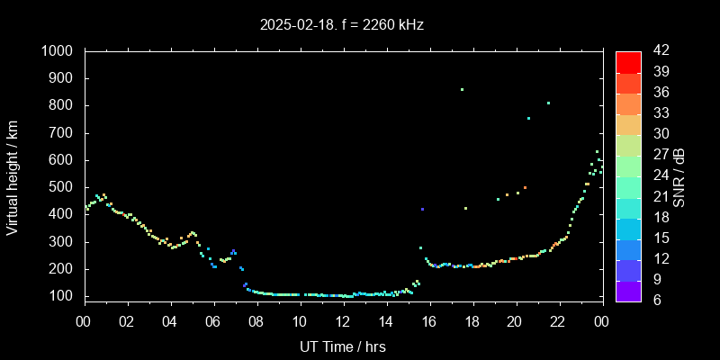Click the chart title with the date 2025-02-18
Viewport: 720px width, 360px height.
coord(342,25)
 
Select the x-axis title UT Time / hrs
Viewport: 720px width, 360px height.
coord(342,346)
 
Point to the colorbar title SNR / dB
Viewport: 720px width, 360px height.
coord(679,175)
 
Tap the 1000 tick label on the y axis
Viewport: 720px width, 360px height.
coord(58,51)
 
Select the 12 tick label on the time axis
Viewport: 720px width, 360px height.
coord(342,320)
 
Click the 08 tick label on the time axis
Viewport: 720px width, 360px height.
coord(256,320)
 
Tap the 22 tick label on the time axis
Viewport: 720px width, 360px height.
coord(558,320)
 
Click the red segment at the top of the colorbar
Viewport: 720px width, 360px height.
coord(628,61)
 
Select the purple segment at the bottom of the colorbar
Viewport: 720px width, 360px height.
coord(628,290)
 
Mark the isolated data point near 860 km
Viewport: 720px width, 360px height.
coord(462,89)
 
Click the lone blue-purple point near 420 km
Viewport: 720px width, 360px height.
coord(422,209)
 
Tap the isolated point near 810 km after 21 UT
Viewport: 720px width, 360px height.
coord(548,103)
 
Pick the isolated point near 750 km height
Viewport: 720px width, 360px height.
coord(528,118)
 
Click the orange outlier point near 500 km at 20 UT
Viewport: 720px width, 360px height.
coord(525,188)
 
